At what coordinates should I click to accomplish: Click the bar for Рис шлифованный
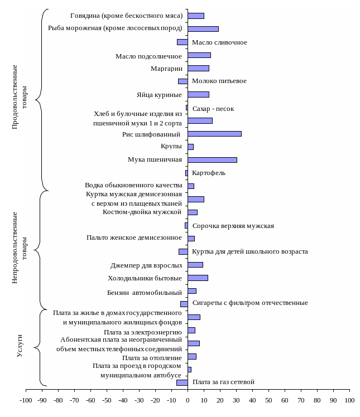tap(214, 134)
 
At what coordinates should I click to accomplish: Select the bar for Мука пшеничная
tap(212, 160)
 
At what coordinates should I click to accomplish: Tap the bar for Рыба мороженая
tap(203, 29)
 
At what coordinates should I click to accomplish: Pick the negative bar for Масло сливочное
tap(182, 42)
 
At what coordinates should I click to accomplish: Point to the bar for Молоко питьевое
tap(183, 81)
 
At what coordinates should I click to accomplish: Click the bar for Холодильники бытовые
tap(198, 278)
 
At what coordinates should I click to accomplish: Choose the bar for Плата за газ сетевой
tap(182, 382)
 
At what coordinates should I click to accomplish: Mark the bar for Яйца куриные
tap(198, 95)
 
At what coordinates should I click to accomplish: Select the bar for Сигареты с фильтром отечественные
tap(184, 304)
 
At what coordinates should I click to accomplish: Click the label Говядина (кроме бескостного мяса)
tap(126, 16)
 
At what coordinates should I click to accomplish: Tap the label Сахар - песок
tap(213, 109)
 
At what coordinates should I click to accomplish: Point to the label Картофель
tap(209, 173)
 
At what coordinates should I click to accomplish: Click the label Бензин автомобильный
tap(145, 292)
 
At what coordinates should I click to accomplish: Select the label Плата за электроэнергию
tap(143, 332)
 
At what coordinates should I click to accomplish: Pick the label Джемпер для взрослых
tap(146, 265)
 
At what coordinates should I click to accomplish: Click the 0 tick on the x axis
tap(188, 400)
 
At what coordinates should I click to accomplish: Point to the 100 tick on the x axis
tap(349, 400)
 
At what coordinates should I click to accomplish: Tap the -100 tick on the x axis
tap(26, 400)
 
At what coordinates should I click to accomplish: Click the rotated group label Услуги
tap(20, 346)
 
